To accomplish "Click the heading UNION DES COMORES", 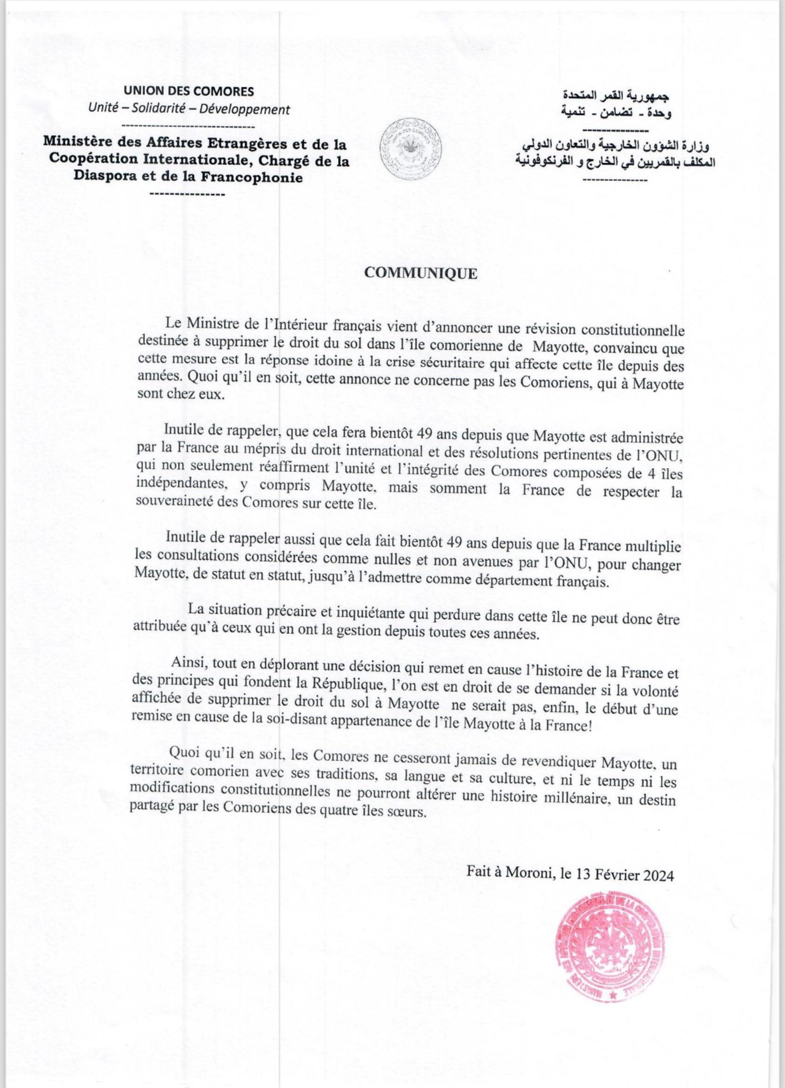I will click(x=188, y=92).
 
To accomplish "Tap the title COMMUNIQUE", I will click(x=421, y=273).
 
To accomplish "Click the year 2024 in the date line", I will click(x=658, y=875).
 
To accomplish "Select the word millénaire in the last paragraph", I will click(x=545, y=797).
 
